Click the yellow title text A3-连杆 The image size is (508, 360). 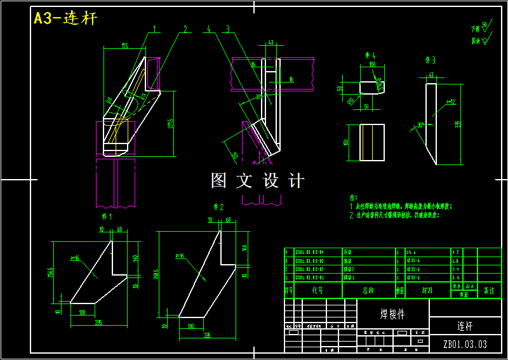65,18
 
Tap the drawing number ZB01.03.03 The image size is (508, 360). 465,344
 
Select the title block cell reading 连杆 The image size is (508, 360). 465,326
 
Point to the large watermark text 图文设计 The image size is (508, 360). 258,181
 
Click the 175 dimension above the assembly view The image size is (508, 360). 124,46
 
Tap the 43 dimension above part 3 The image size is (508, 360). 431,75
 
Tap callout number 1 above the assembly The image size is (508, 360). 154,29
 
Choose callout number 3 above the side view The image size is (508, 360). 227,29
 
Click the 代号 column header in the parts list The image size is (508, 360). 317,290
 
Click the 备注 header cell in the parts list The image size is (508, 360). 488,290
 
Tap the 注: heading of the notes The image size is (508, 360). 354,198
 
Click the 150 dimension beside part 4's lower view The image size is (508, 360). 347,142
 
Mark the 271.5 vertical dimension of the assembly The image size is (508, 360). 170,124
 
